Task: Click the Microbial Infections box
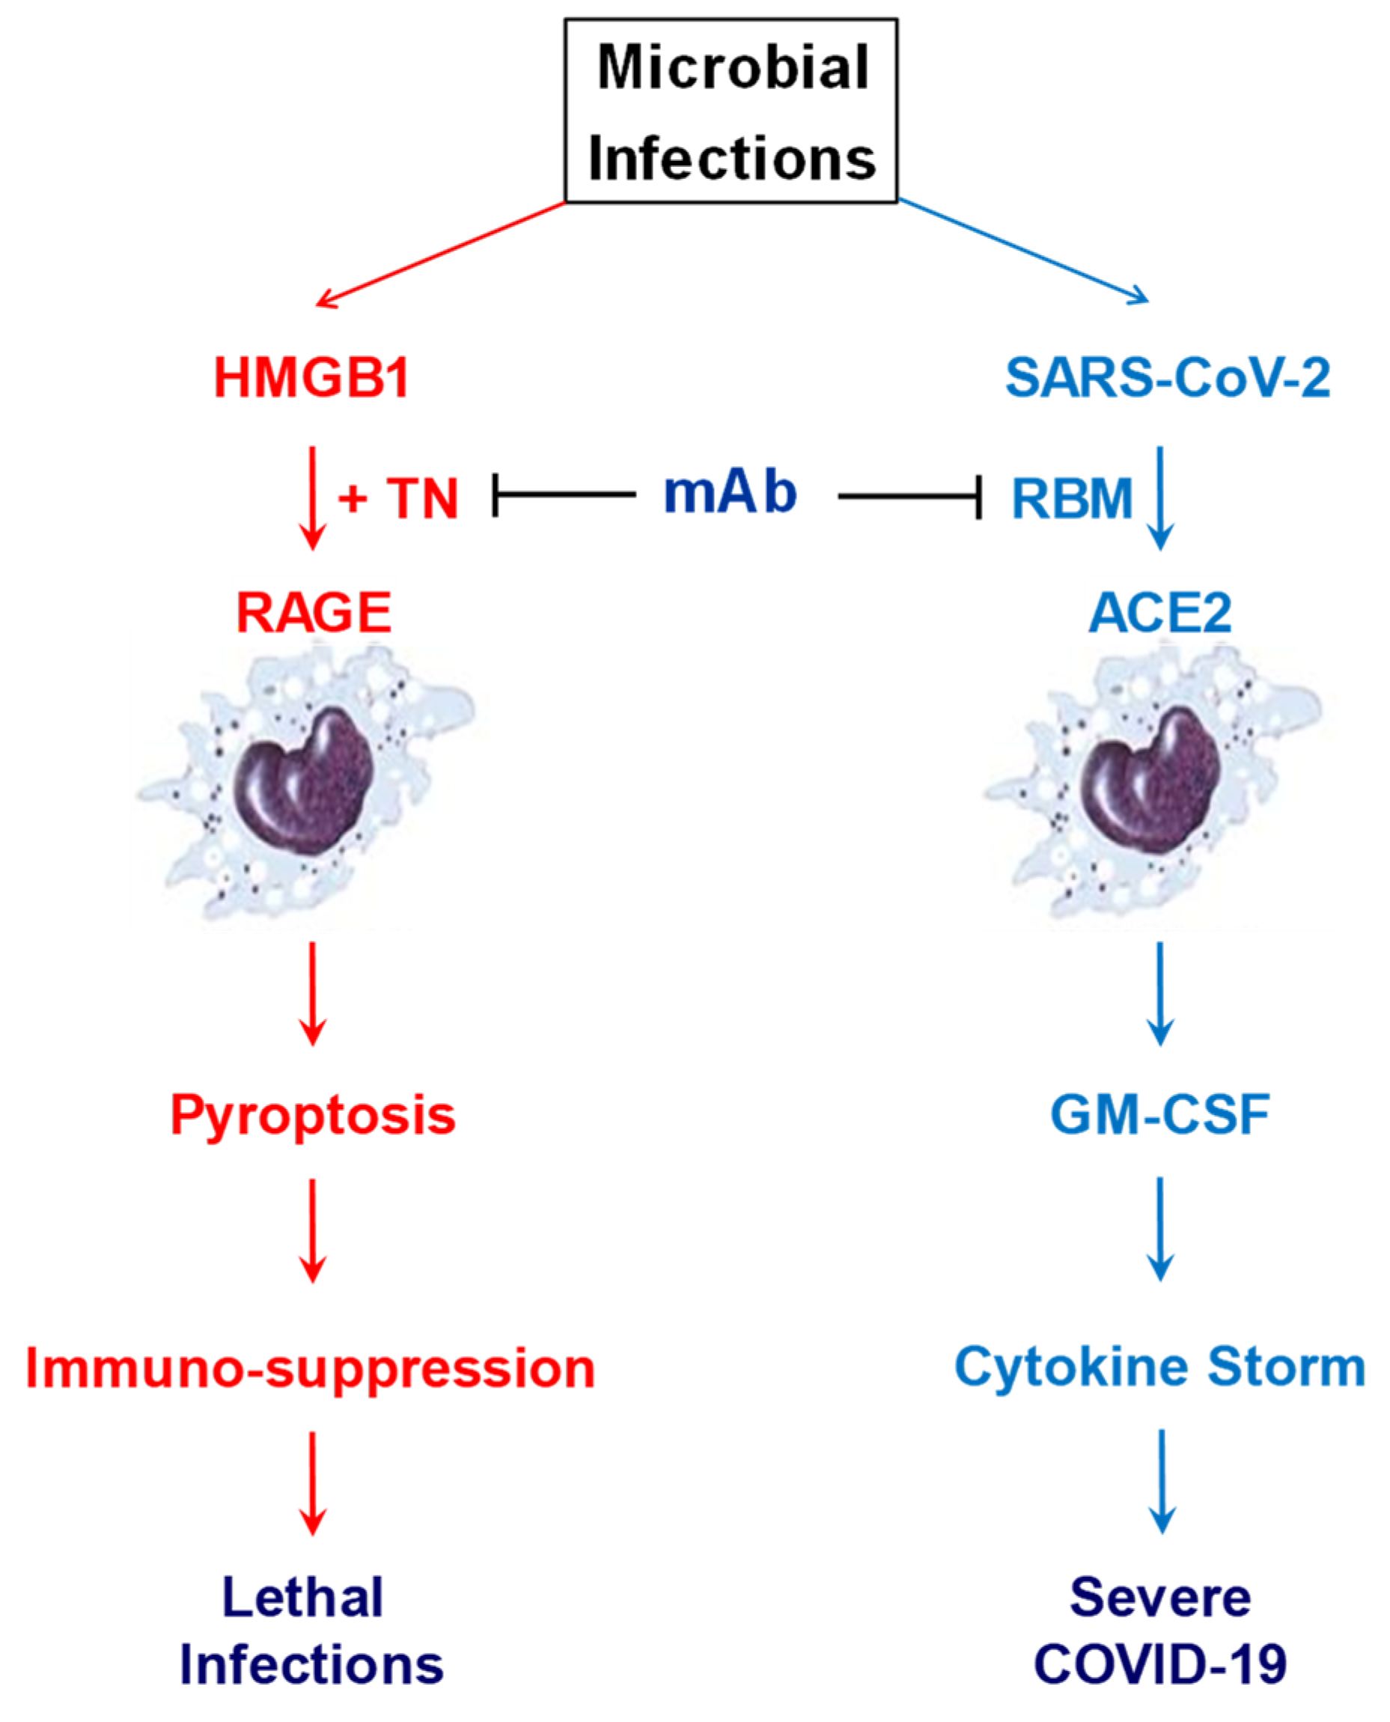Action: pos(731,112)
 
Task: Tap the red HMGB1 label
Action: pos(311,378)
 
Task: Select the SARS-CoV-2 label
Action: pos(1168,378)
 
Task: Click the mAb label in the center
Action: pos(731,492)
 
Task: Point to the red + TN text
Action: pos(399,498)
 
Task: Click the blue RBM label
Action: pos(1072,498)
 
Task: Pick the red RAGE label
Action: pos(313,614)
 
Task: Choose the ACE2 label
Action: pos(1159,614)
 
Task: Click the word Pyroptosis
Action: pos(313,1115)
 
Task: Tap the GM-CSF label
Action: pos(1159,1114)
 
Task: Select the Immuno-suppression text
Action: pos(311,1368)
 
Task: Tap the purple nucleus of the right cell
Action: pos(1150,783)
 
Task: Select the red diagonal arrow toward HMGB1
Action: pos(440,254)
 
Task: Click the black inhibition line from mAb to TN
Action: pos(564,495)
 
